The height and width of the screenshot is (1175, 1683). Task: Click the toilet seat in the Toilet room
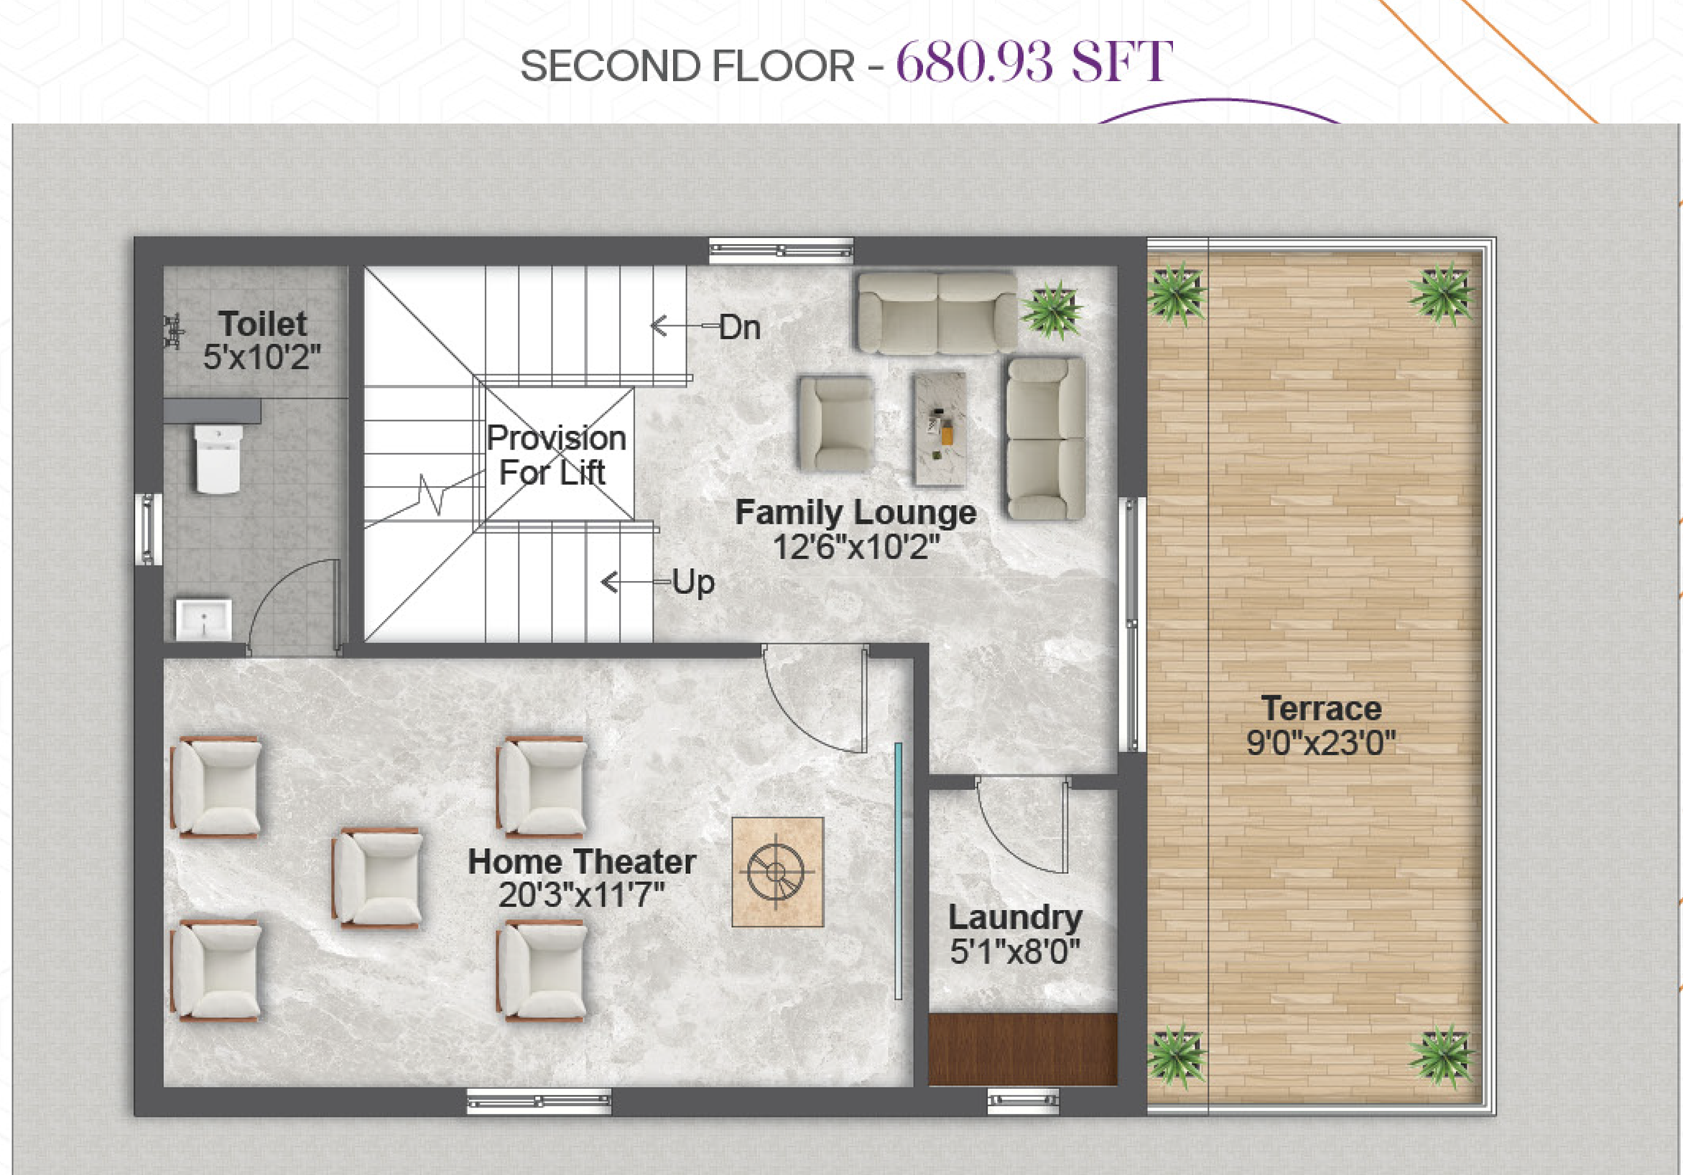218,459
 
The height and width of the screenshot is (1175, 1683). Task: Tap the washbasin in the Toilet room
204,619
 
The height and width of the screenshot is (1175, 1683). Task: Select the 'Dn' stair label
740,328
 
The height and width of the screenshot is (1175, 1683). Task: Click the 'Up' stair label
693,582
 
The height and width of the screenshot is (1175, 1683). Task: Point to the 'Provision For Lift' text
556,455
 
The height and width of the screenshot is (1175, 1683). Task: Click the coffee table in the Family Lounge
939,429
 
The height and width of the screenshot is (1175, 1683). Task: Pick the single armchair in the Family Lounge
835,424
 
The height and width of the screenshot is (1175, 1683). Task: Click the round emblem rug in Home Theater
778,871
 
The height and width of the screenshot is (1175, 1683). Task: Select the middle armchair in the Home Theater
377,878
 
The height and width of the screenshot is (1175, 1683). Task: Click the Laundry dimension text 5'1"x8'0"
1015,952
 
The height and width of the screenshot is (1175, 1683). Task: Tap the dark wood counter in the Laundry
1023,1049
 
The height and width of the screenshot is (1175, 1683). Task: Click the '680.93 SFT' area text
1034,62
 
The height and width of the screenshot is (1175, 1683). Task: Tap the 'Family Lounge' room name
856,512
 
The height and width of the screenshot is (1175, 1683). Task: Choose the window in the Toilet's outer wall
148,529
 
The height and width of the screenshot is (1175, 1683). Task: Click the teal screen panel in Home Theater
898,870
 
